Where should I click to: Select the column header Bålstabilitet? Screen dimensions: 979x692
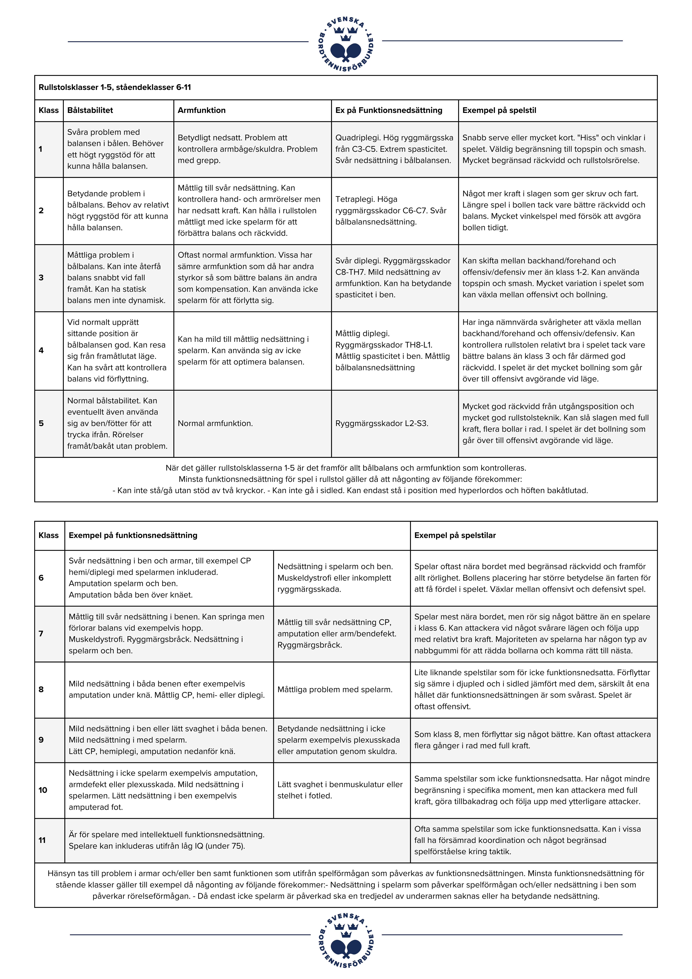pyautogui.click(x=90, y=110)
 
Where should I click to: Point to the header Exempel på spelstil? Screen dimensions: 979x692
pyautogui.click(x=499, y=110)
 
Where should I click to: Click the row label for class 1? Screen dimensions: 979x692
pyautogui.click(x=41, y=149)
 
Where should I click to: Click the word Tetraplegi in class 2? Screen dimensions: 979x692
pyautogui.click(x=354, y=199)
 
